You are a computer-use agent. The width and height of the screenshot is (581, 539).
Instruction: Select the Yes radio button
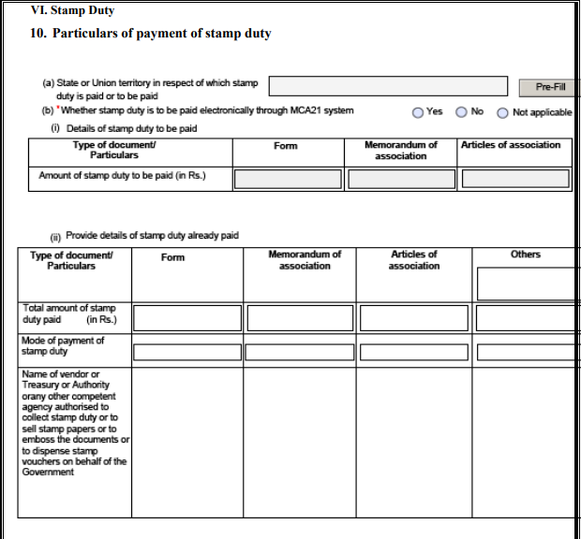tap(418, 112)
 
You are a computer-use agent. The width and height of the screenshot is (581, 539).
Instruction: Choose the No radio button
tap(462, 112)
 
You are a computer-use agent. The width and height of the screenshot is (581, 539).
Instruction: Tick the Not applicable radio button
tap(503, 112)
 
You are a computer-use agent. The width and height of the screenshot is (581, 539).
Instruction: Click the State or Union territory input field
tap(389, 87)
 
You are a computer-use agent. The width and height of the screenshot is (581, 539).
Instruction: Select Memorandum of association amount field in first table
tap(400, 178)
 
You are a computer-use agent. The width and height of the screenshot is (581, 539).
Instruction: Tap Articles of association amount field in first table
tap(515, 178)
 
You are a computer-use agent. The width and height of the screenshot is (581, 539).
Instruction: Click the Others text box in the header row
tap(527, 283)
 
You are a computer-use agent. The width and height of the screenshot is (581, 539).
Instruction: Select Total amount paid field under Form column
tap(186, 318)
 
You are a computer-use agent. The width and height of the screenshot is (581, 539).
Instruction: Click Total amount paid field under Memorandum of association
tap(300, 318)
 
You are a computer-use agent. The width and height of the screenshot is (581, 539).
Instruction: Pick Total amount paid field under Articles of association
tap(414, 318)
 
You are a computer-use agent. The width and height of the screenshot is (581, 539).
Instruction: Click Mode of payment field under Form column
tap(186, 353)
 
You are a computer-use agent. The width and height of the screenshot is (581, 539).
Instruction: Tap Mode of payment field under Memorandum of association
tap(300, 353)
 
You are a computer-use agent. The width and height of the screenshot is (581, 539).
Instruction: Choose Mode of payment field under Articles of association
tap(414, 353)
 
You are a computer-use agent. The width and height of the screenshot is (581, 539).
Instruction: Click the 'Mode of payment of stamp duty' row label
tap(63, 346)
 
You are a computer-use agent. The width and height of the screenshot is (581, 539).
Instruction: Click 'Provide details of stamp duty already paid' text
tap(151, 235)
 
